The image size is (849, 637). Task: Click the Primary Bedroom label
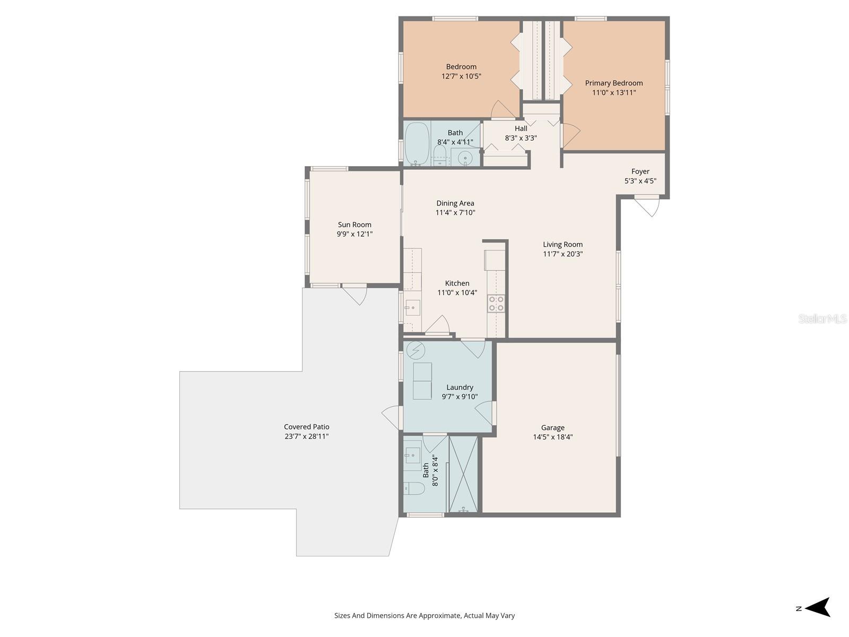[614, 83]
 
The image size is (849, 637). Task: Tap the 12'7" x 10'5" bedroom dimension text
[461, 76]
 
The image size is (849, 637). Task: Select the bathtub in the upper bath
[417, 143]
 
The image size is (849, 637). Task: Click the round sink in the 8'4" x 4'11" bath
[465, 158]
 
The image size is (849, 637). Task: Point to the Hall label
[521, 128]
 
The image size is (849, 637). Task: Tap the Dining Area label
[455, 203]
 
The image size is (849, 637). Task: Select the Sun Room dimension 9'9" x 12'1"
[354, 234]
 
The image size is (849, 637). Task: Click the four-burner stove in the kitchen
[496, 304]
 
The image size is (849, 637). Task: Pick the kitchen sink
[412, 307]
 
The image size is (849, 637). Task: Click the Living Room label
[562, 245]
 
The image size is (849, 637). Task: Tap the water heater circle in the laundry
[415, 350]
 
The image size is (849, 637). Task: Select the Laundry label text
[460, 388]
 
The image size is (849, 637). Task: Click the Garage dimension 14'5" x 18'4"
[552, 437]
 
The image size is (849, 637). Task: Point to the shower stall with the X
[463, 474]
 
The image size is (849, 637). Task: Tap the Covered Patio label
[306, 427]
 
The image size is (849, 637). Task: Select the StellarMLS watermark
[822, 318]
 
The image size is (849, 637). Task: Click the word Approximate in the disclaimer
[439, 616]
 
